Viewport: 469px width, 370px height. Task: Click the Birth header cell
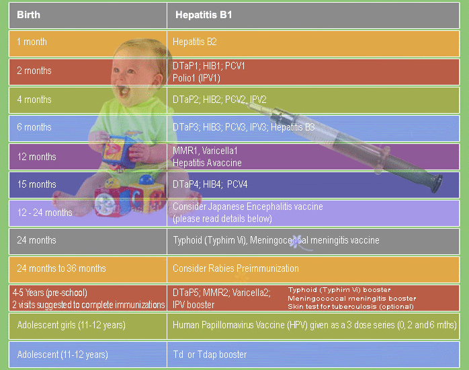pos(87,15)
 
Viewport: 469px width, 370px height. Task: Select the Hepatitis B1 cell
pos(313,15)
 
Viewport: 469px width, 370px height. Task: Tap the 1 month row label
pos(32,42)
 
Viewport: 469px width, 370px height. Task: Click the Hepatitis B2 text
pos(194,42)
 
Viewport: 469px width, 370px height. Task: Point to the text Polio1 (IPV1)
pos(196,78)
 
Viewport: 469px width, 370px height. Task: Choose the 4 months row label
pos(34,100)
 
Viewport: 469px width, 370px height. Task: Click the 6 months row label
pos(34,127)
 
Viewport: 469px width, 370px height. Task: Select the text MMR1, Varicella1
pos(205,151)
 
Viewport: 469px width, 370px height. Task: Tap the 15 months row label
pos(36,184)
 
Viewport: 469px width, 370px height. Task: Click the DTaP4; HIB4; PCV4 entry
pos(210,184)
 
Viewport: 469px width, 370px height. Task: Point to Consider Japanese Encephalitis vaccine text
pos(248,207)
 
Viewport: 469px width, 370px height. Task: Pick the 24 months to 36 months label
pos(61,268)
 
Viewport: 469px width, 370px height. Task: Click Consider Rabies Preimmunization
pos(236,268)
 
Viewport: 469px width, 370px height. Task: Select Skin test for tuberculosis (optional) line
pos(351,307)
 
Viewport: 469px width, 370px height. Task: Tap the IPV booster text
pos(194,305)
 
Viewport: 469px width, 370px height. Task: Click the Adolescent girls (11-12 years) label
pos(71,325)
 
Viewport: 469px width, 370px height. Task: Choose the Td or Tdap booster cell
pos(313,355)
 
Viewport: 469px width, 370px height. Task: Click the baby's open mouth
pos(124,91)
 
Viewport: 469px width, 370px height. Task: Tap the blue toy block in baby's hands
pos(117,151)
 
